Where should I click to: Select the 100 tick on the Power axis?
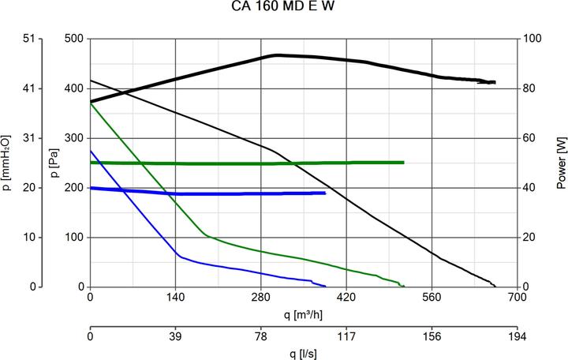pos(534,39)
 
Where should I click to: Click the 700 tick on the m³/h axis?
pos(517,298)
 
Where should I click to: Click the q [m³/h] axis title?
pos(304,314)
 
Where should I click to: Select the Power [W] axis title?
pos(561,163)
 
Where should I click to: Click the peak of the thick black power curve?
pos(276,55)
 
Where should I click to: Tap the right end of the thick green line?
pos(403,163)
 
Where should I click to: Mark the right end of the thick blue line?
pos(325,193)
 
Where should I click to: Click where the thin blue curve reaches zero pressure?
pos(325,286)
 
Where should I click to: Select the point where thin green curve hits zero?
pos(404,286)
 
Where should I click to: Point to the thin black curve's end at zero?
pos(496,286)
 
